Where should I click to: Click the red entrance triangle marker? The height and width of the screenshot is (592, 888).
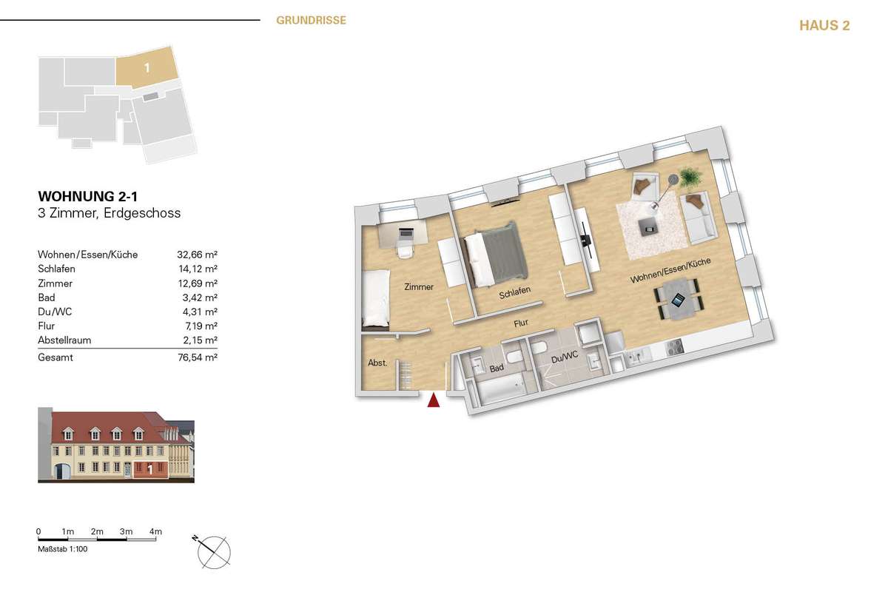(434, 400)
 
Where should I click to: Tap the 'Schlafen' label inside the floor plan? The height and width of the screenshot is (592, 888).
(514, 292)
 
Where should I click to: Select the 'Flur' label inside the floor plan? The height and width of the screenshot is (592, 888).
(521, 323)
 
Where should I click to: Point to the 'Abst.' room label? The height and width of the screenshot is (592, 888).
(377, 363)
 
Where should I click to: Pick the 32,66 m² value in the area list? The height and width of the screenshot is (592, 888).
(197, 255)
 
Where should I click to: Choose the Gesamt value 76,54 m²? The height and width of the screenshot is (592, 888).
(198, 357)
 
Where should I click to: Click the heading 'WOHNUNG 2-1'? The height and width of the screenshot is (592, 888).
(87, 196)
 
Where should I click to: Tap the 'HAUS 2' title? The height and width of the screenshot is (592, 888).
(824, 25)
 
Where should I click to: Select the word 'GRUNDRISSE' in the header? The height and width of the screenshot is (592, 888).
(312, 20)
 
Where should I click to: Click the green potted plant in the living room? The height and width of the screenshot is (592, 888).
(690, 177)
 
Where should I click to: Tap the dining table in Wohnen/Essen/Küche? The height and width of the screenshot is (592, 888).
(679, 299)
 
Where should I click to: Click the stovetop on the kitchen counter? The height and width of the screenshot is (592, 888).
(674, 347)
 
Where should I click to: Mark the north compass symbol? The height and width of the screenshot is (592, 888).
(213, 551)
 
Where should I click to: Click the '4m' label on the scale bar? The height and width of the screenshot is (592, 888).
(155, 531)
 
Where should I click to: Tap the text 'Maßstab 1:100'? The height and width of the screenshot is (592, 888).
(63, 549)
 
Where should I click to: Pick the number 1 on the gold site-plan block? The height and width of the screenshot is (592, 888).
(147, 68)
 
